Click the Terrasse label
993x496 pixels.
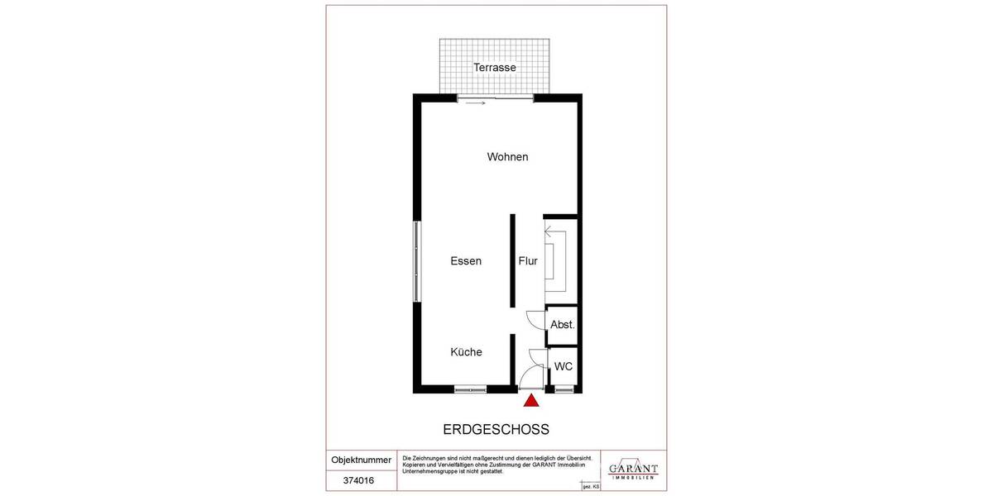tap(495, 68)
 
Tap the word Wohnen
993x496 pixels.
tap(507, 157)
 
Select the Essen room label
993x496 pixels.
tap(466, 261)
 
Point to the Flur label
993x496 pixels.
tap(528, 261)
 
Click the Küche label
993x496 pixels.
tap(466, 352)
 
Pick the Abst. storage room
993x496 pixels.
tap(562, 325)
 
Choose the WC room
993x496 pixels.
tap(564, 366)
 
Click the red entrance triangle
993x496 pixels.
tap(531, 401)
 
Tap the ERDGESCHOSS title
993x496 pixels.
tap(496, 430)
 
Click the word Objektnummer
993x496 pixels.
tap(361, 460)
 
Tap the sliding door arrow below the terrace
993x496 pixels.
tap(475, 103)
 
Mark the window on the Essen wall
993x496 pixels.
tap(416, 262)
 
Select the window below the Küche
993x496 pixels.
tap(470, 389)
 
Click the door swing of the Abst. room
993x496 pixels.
tap(534, 317)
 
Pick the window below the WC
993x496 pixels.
tap(564, 389)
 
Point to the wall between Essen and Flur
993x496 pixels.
tap(512, 262)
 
